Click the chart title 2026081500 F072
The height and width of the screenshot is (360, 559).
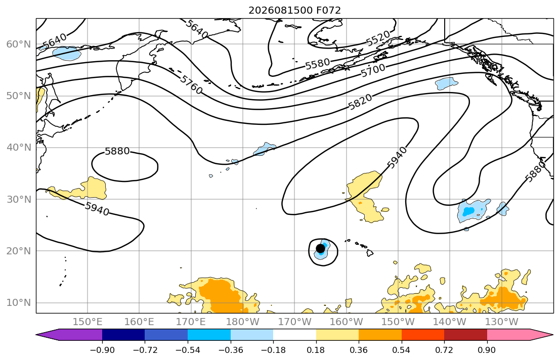coord(294,10)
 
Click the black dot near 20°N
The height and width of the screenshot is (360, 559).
coord(320,248)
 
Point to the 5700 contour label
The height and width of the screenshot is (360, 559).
coord(373,70)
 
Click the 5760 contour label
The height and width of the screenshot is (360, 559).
coord(191,84)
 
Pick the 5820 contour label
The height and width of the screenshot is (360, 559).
coord(360,102)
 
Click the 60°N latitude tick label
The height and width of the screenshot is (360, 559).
coord(19,44)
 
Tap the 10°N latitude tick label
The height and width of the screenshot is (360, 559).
coord(19,303)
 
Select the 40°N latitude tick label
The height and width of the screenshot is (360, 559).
coord(19,148)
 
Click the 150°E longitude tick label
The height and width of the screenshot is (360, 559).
coord(88,322)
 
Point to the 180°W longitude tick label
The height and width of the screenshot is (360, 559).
coord(243,322)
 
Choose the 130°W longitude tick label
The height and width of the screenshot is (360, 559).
coord(502,322)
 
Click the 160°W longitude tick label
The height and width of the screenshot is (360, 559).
coord(347,322)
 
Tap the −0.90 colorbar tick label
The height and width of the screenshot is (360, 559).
coord(102,350)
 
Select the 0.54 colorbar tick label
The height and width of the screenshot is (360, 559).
coord(402,350)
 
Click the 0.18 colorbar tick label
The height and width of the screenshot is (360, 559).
coord(316,350)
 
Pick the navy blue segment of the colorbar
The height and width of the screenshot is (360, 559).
coord(123,335)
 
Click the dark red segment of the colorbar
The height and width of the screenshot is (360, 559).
coord(465,335)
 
